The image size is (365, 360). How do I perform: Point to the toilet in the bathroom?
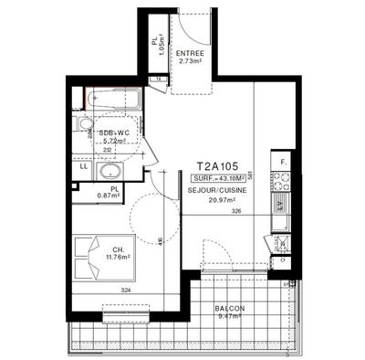coord(86,125)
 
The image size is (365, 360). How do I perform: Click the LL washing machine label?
coord(84,165)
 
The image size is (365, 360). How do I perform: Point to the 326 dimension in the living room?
coord(235,212)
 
